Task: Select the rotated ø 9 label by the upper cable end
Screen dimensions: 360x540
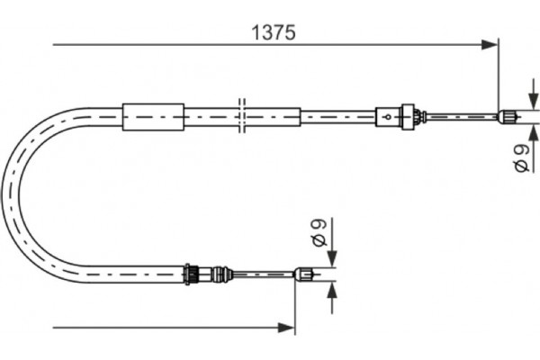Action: click(x=522, y=158)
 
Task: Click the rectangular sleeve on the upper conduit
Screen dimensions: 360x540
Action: click(x=153, y=116)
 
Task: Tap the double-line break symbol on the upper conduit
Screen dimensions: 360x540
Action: click(x=242, y=116)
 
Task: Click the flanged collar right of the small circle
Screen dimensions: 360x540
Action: click(x=416, y=116)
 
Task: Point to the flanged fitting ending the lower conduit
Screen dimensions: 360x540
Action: click(x=191, y=273)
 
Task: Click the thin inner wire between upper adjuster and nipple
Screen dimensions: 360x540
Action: click(x=459, y=115)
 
